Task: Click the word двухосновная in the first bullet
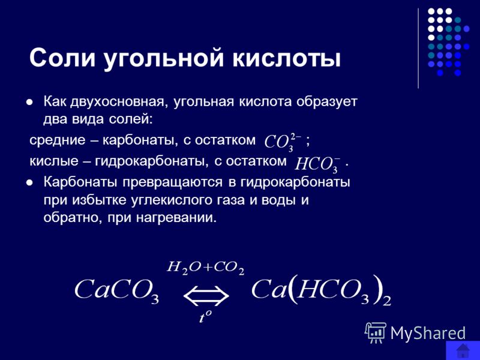[x=119, y=102]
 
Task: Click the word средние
[x=58, y=141]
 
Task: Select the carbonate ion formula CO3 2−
[x=283, y=142]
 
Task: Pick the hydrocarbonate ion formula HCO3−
[x=317, y=163]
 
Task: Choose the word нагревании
[x=176, y=218]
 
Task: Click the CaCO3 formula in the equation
[x=116, y=290]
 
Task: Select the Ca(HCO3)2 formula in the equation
[x=321, y=290]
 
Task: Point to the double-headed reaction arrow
[x=206, y=296]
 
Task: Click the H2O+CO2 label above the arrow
[x=205, y=268]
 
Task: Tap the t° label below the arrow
[x=205, y=317]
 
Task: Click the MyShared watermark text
[x=428, y=333]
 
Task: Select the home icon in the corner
[x=463, y=351]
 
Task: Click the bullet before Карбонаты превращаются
[x=29, y=183]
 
